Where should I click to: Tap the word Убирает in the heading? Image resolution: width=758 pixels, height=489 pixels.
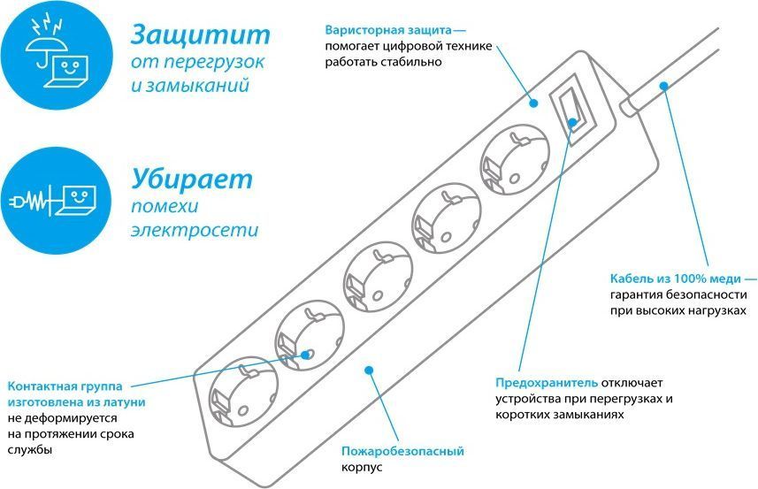pos(192,179)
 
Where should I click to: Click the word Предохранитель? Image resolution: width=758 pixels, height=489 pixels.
pos(546,382)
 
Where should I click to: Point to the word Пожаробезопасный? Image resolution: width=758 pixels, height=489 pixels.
pos(402,451)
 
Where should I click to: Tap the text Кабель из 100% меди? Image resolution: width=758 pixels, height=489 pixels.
pos(669,279)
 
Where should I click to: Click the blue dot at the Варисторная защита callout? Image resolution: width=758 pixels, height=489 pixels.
pos(533,103)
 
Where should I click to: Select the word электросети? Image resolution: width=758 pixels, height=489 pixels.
pos(195,231)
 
